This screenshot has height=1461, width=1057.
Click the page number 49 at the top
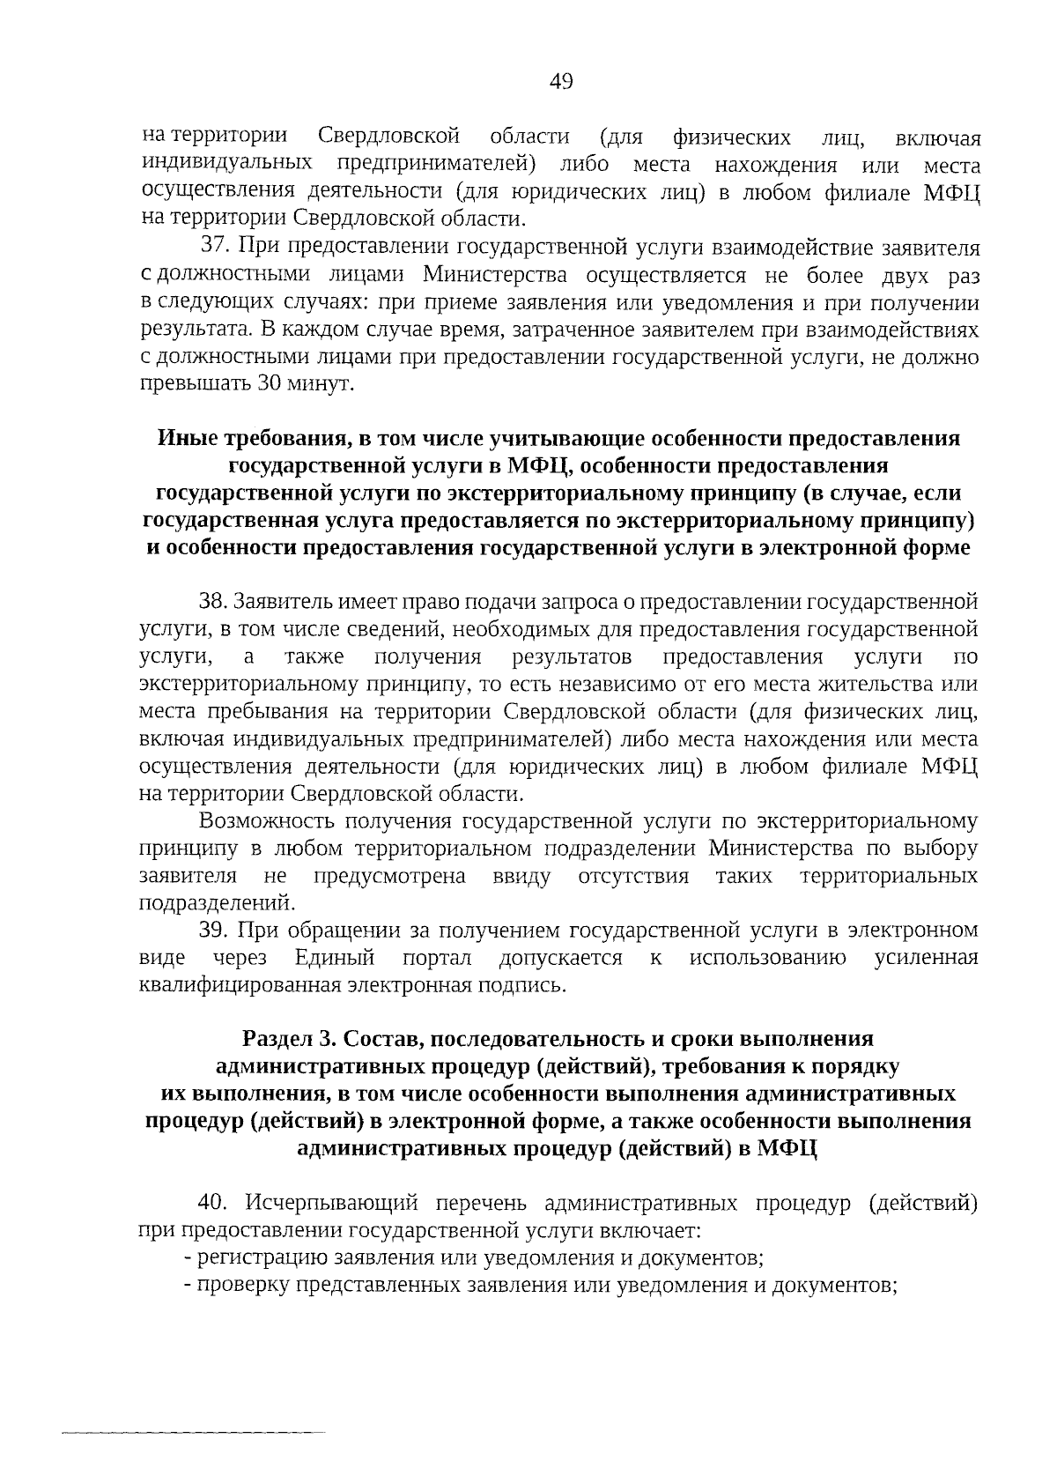point(561,82)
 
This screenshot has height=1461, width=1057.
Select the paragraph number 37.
point(215,248)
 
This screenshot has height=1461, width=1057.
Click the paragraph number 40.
point(215,1204)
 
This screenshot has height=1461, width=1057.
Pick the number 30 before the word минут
point(269,385)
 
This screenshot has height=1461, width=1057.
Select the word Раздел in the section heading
point(284,1039)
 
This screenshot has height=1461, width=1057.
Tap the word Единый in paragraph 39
point(335,958)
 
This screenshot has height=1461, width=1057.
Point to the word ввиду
point(521,877)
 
